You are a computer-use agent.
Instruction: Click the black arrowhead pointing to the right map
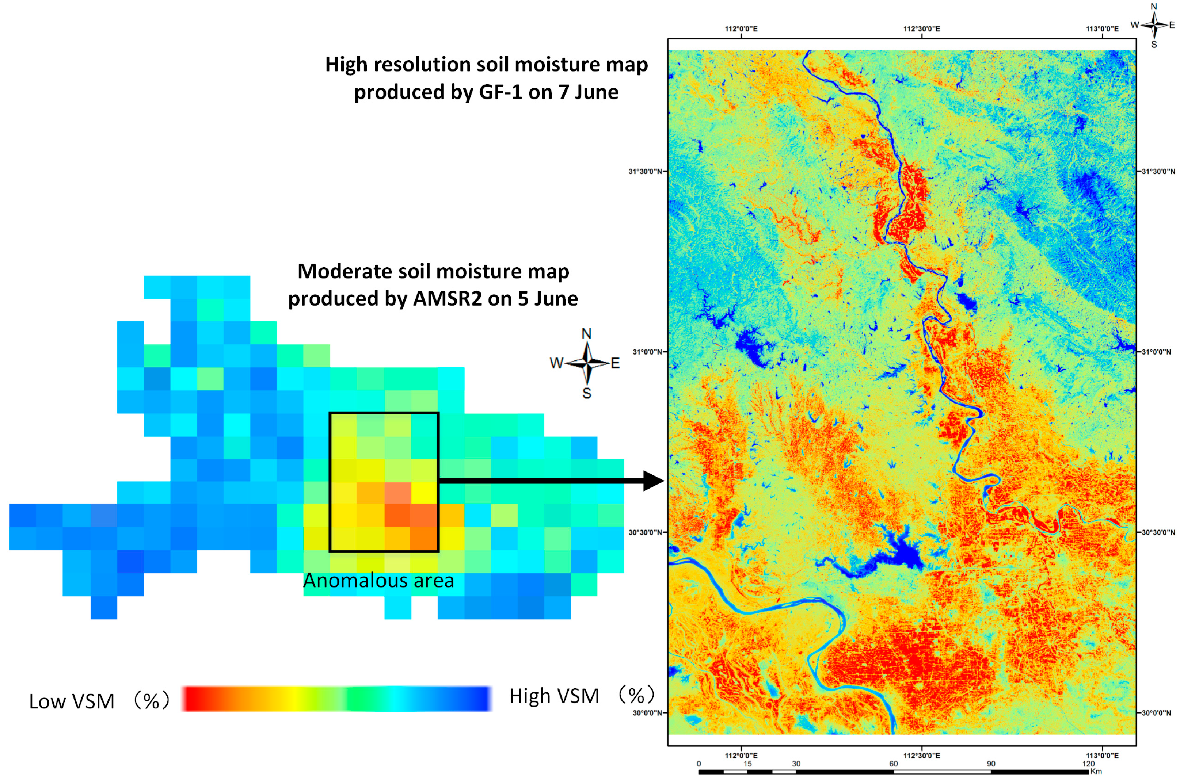point(653,481)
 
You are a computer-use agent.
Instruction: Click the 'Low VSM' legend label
point(72,701)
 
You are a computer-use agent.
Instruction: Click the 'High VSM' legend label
point(554,696)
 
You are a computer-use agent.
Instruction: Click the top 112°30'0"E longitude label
point(921,29)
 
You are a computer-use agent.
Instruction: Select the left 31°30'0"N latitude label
point(645,172)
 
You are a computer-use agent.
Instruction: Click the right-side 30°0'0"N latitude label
point(1156,713)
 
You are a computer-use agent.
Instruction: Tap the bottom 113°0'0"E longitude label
point(1101,756)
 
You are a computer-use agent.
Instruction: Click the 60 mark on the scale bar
point(893,764)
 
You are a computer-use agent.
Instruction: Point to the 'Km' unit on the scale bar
point(1096,772)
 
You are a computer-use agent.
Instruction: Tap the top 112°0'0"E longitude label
point(741,29)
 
